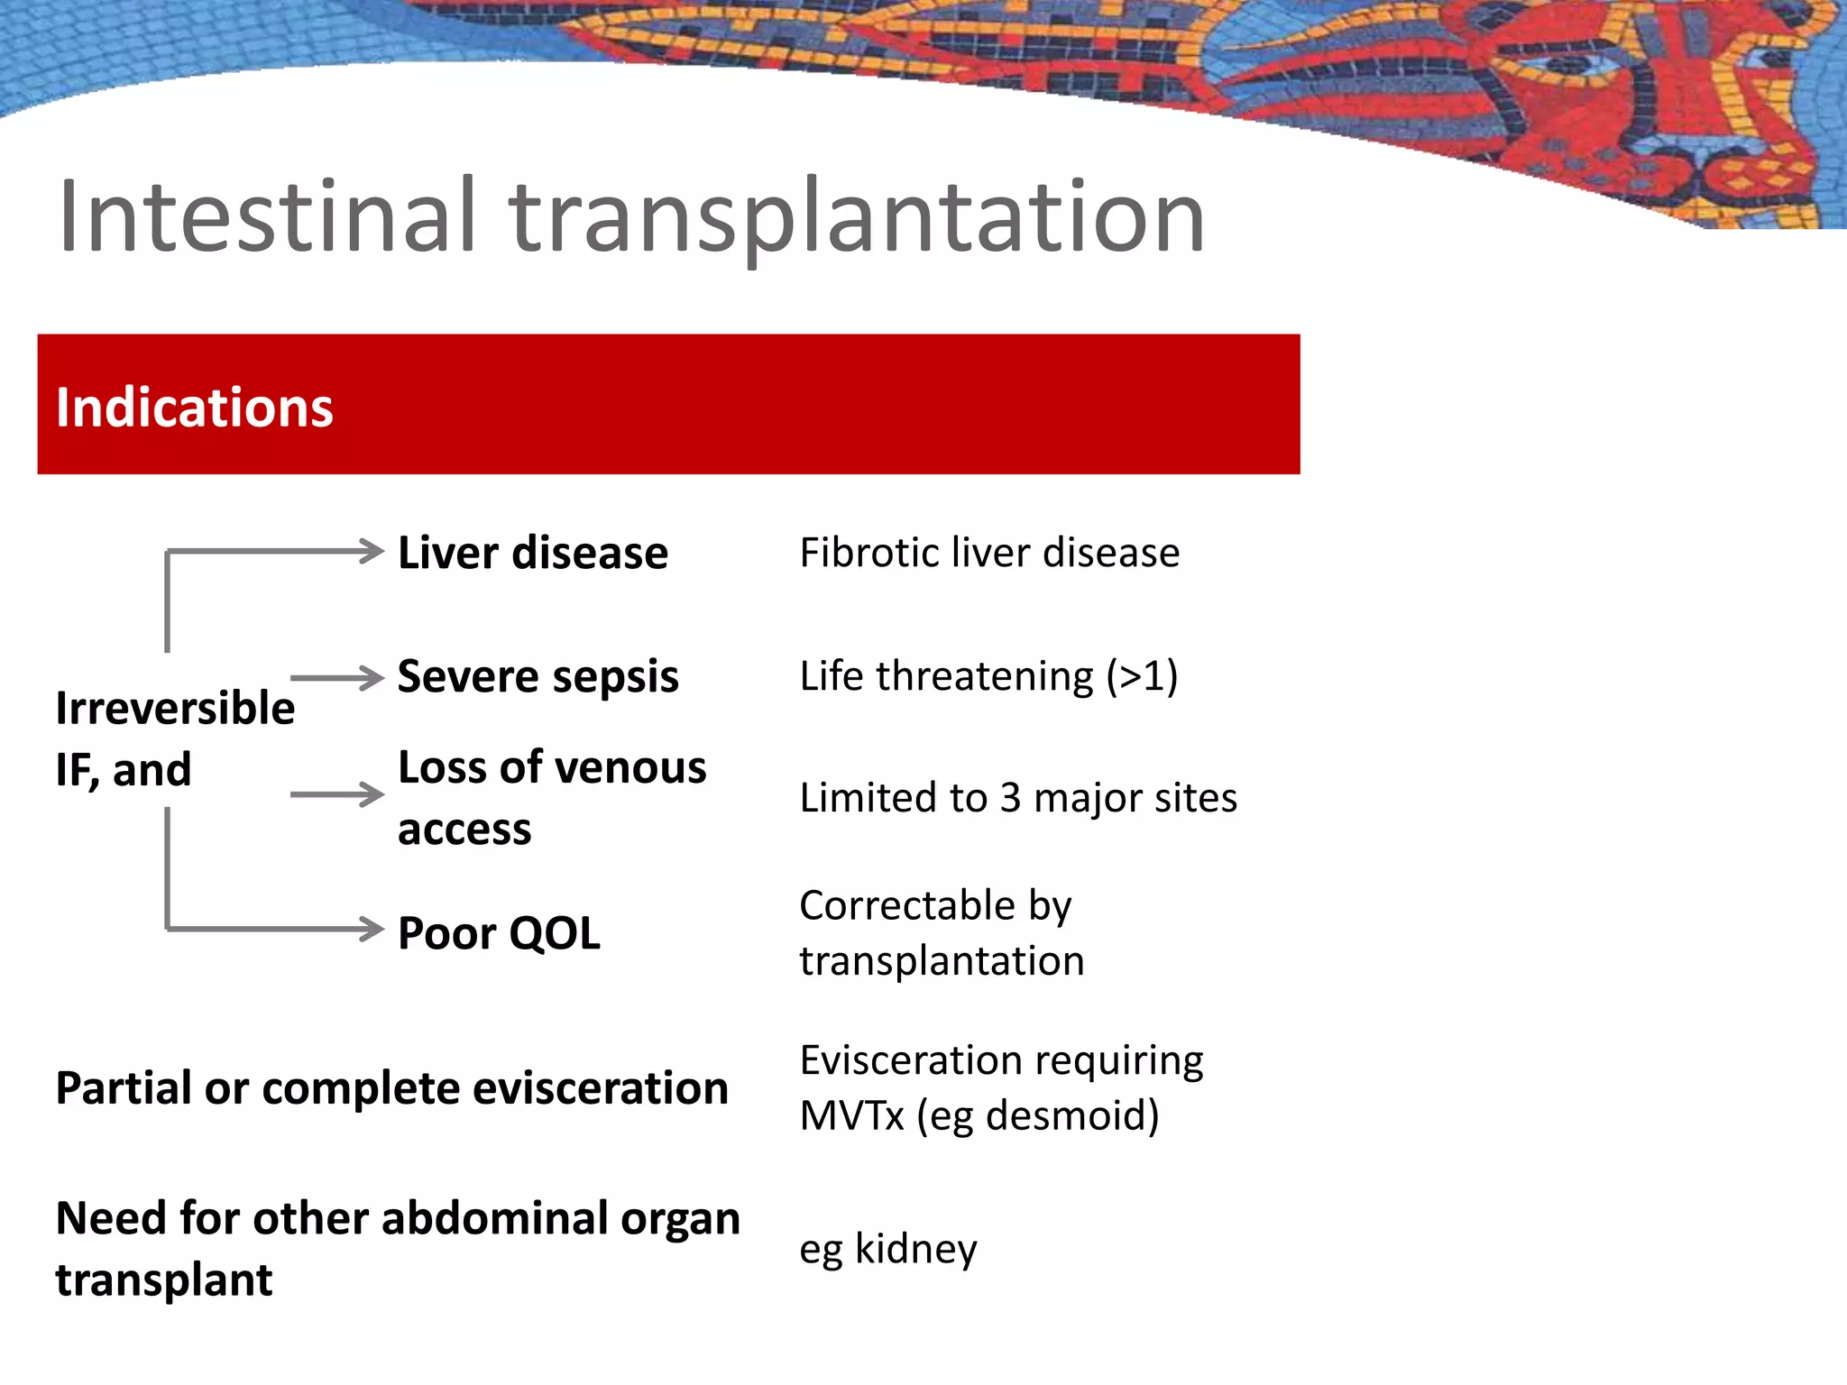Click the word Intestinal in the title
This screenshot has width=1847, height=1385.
[x=267, y=216]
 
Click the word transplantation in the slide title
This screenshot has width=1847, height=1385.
[x=857, y=218]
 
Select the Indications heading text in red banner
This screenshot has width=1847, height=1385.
[x=195, y=407]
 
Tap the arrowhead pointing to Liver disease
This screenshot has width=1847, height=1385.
[x=371, y=551]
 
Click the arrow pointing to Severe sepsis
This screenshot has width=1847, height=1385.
[x=337, y=678]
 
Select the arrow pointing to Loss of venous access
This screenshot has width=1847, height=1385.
[x=337, y=794]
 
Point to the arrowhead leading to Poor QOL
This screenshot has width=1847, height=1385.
[x=371, y=929]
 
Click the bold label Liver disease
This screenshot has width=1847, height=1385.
[x=532, y=553]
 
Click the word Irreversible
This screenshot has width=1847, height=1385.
[x=175, y=708]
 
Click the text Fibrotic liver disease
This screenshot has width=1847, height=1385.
[x=989, y=553]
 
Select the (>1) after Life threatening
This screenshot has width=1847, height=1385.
[x=1142, y=676]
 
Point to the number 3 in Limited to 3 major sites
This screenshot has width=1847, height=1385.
[x=1010, y=798]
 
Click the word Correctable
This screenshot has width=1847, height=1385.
[x=907, y=905]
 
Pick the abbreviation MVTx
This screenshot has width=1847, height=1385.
[x=851, y=1115]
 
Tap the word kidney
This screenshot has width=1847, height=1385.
[x=915, y=1249]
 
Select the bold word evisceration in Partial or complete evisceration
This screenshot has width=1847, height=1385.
[x=601, y=1088]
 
